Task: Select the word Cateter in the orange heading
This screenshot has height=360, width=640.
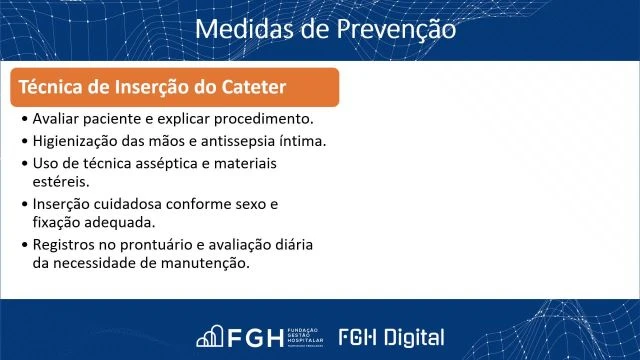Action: coord(254,88)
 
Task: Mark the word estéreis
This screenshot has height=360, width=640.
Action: coord(60,182)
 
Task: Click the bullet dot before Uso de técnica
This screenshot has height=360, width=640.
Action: coord(24,162)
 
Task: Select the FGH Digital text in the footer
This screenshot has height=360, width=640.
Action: coord(392,336)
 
